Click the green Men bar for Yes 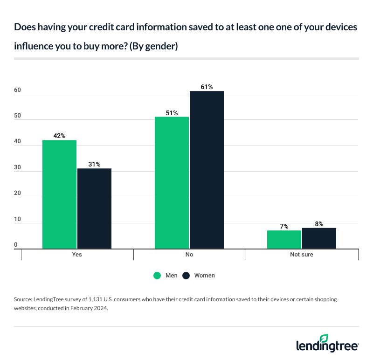tap(59, 194)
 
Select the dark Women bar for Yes tap(94, 208)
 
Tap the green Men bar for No tap(172, 183)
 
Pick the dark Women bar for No tap(207, 170)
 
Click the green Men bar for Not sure tap(284, 239)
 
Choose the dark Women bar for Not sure tap(319, 238)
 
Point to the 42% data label tap(59, 136)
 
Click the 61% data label tap(207, 87)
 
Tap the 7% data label tap(284, 226)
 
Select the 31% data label tap(94, 164)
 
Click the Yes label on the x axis tap(77, 255)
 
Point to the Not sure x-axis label tap(302, 255)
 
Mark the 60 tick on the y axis tap(17, 90)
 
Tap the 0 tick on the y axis tap(16, 245)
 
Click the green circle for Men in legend tap(158, 276)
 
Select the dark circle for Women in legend tap(186, 276)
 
